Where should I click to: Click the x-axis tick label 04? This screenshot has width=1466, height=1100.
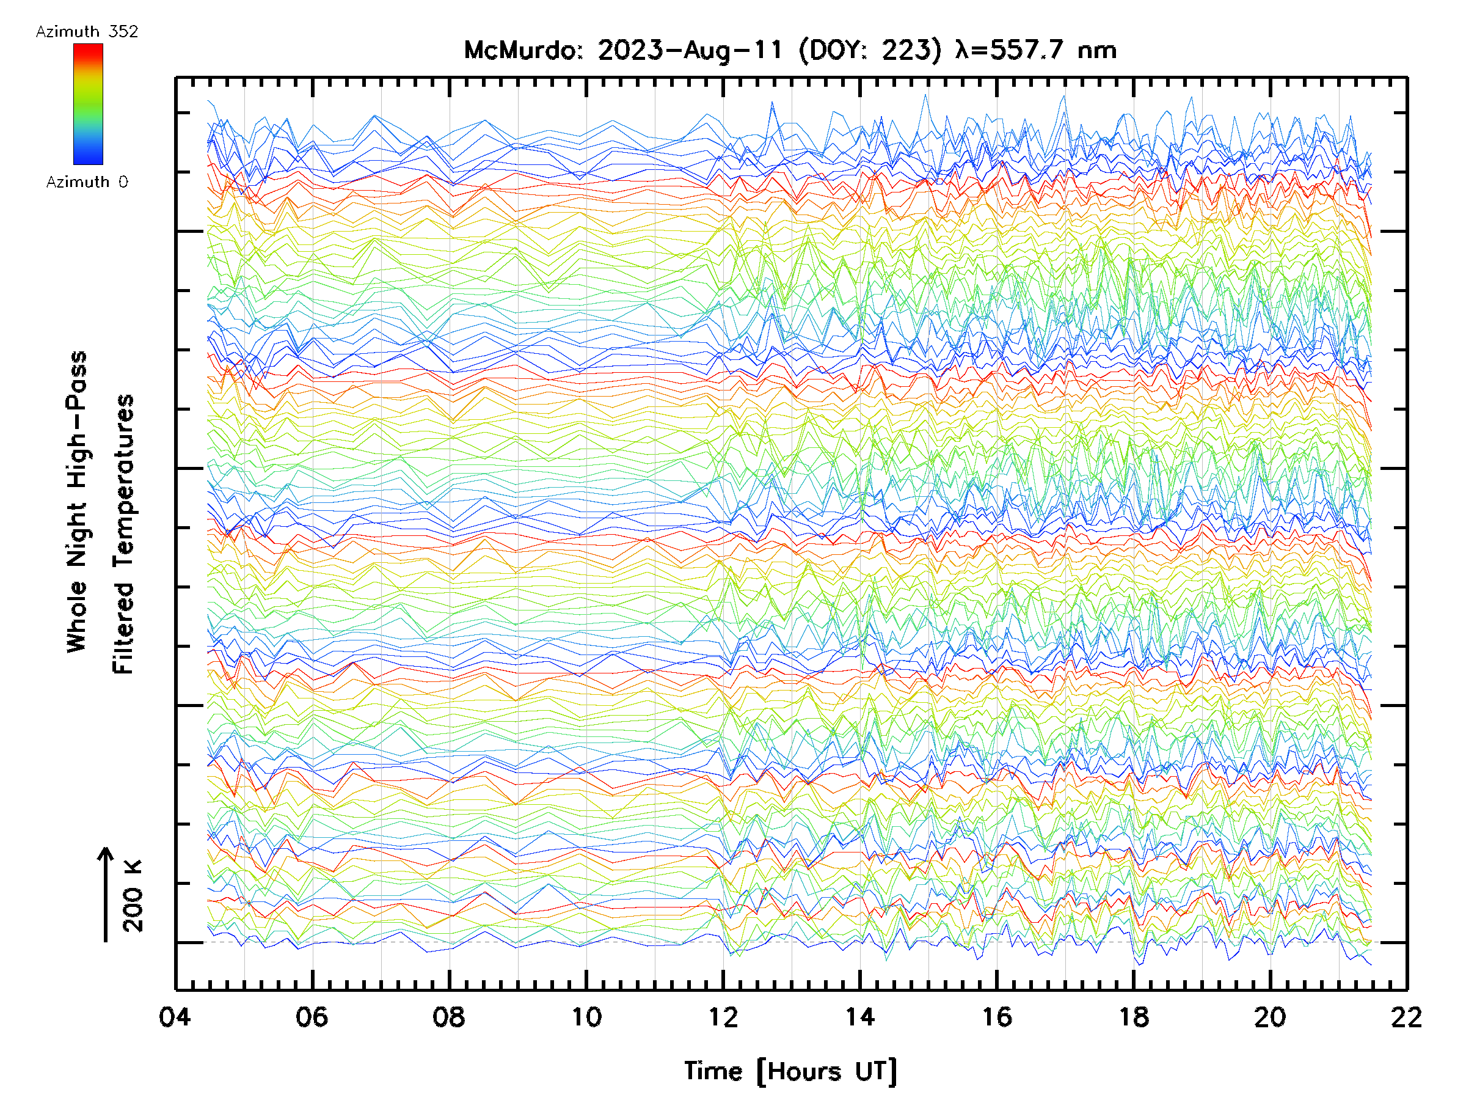tap(175, 1016)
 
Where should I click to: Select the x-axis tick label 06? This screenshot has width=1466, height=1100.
tap(312, 1016)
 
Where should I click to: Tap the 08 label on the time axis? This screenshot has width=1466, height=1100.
tap(449, 1016)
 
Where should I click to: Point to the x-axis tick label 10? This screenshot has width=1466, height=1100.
tap(586, 1016)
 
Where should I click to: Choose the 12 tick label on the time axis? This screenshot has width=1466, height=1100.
tap(723, 1016)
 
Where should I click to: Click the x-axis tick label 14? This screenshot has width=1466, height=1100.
tap(860, 1016)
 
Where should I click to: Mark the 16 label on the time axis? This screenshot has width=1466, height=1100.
tap(997, 1016)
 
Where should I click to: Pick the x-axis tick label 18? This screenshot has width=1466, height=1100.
tap(1134, 1016)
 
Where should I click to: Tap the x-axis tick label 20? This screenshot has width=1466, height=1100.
tap(1271, 1016)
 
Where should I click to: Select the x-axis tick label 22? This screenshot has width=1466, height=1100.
tap(1406, 1016)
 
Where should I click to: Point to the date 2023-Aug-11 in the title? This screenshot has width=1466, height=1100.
tap(690, 50)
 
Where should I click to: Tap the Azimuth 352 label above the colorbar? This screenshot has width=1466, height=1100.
tap(87, 32)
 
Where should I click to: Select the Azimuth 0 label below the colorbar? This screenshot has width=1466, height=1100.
tap(87, 182)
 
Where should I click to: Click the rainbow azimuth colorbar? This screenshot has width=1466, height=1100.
tap(88, 104)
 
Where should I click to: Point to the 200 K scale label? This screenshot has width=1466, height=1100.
tap(133, 896)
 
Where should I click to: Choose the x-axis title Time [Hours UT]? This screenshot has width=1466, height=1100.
tap(790, 1071)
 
